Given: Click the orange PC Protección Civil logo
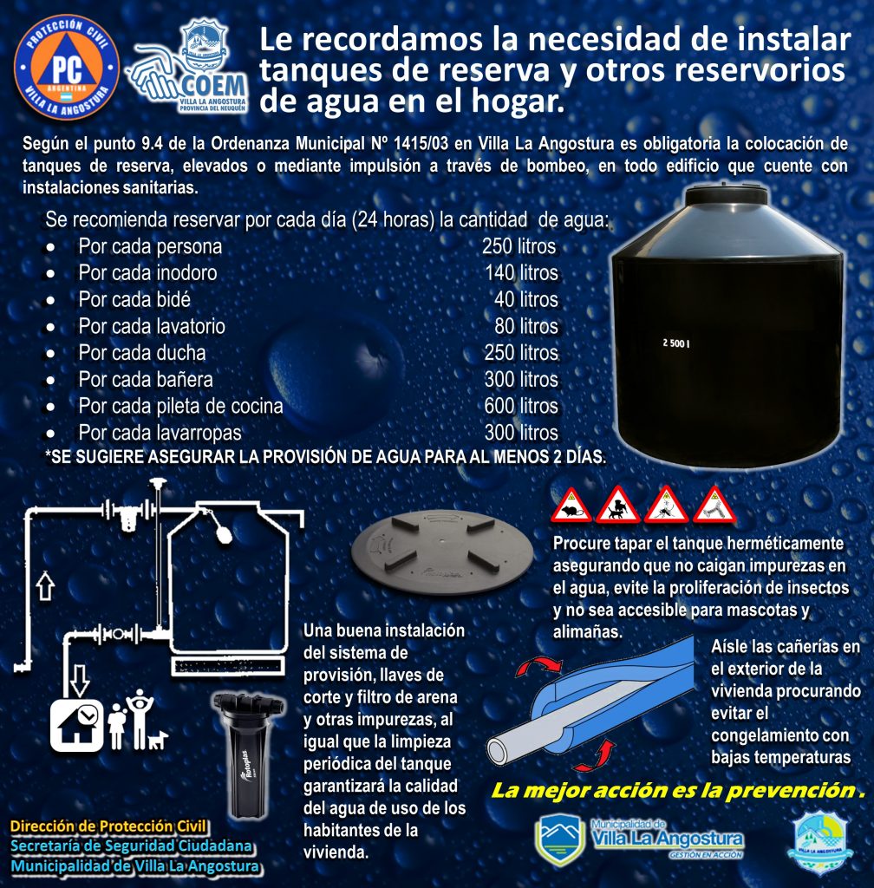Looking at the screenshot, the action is tap(67, 68).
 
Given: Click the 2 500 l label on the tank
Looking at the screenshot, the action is tap(676, 343).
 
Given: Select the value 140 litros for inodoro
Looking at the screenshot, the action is tap(521, 273).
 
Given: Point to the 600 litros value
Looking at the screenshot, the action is tap(521, 406).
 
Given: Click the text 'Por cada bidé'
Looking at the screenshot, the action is tap(134, 299).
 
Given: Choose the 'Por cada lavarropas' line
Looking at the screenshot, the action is tap(160, 433).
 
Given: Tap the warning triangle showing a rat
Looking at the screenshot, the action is tap(571, 506).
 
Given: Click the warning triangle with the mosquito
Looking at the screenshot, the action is tap(666, 506).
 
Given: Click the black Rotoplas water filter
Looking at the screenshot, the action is tap(248, 754).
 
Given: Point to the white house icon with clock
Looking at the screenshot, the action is tap(77, 726).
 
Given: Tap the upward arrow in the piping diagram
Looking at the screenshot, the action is tap(45, 585).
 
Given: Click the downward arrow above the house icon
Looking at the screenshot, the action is tap(79, 680).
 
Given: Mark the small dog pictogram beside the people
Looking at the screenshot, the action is tap(158, 740).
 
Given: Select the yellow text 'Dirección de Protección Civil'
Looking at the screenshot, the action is tap(108, 826).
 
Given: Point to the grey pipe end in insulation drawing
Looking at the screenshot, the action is tap(499, 751).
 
